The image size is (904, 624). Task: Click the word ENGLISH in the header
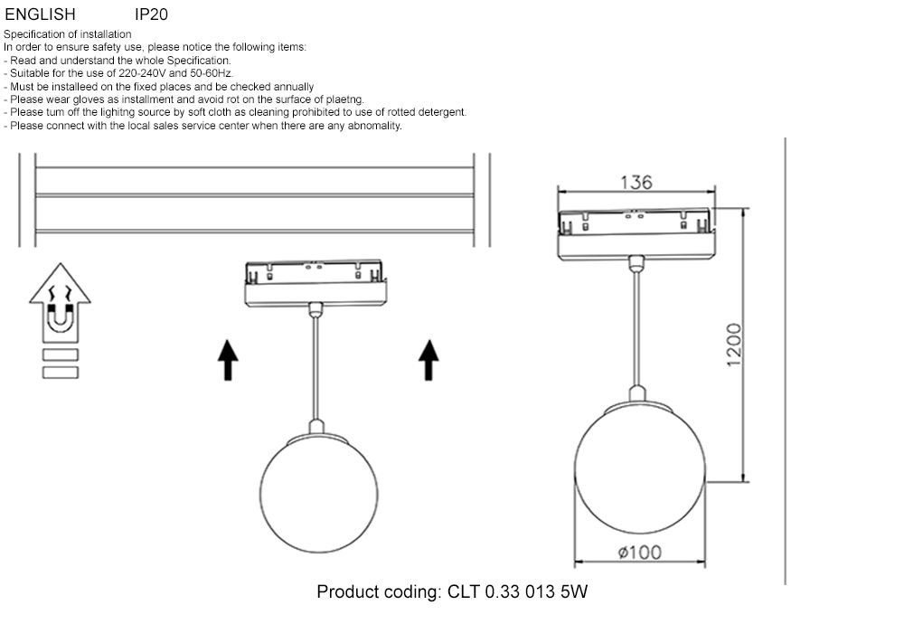(41, 14)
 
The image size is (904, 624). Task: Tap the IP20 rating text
(151, 14)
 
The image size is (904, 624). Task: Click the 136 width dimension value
(636, 182)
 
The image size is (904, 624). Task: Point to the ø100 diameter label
(639, 553)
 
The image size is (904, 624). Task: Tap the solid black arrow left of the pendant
(229, 359)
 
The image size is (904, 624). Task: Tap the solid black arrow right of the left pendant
(429, 359)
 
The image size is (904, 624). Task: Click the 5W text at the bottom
(575, 593)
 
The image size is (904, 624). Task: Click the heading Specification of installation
(68, 34)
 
